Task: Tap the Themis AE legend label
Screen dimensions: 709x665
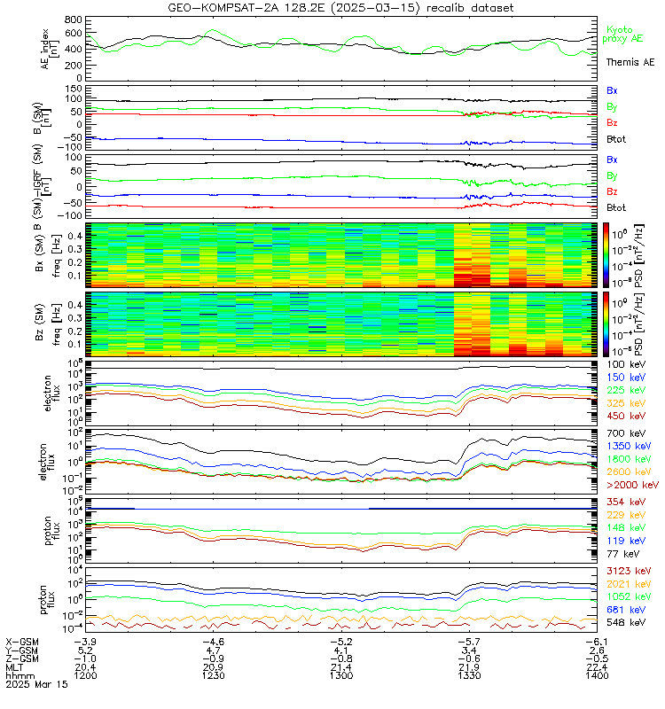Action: (630, 62)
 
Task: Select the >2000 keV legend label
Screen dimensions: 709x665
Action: (630, 486)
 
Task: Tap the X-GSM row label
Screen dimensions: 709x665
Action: (21, 640)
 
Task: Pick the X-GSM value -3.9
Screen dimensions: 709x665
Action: (84, 640)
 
